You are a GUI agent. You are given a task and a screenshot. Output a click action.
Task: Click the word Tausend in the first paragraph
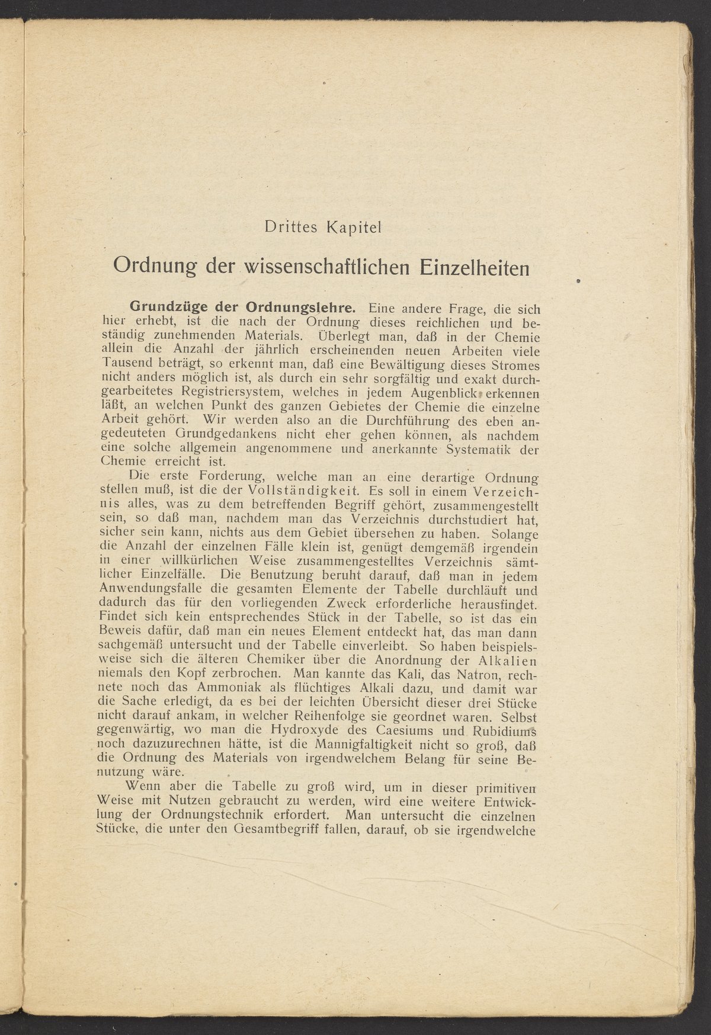[124, 364]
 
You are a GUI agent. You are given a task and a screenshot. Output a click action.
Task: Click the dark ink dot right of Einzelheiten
[578, 280]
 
